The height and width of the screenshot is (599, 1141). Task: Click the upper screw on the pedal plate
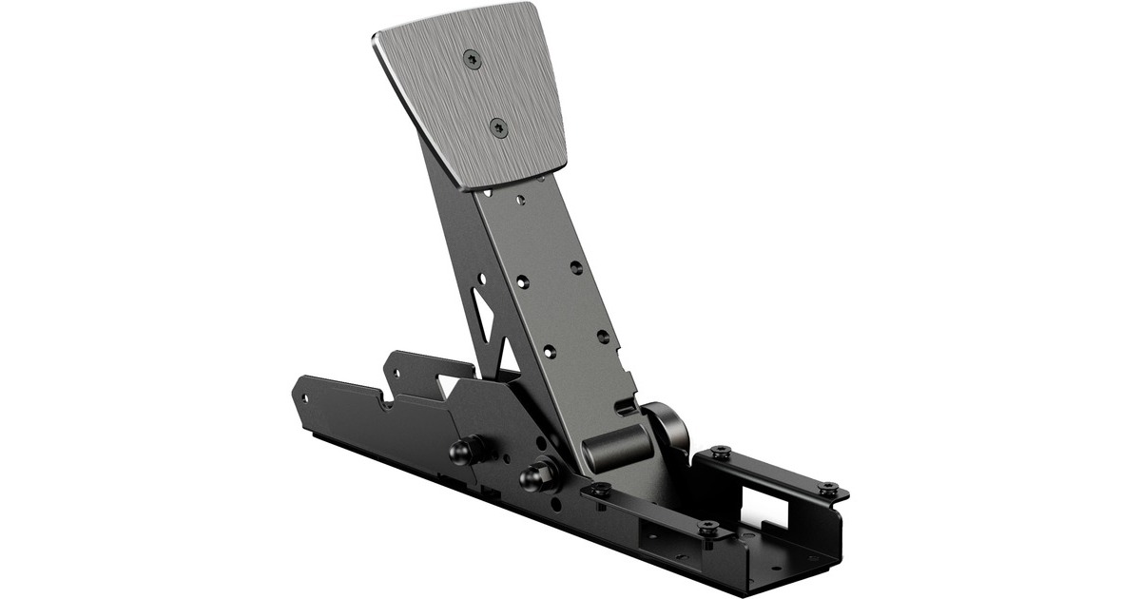(x=473, y=59)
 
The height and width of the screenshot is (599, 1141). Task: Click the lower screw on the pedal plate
(x=497, y=127)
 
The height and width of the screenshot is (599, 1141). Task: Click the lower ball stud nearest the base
(x=538, y=473)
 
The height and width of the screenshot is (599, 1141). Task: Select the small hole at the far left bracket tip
(x=302, y=390)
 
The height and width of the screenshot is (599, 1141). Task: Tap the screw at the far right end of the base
(x=829, y=488)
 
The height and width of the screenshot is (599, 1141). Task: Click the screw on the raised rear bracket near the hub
(x=720, y=451)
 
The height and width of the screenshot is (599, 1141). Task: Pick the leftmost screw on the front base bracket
(x=601, y=490)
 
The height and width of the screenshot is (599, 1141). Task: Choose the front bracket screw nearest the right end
(x=707, y=526)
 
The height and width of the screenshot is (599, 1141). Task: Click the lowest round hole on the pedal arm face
(x=548, y=353)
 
